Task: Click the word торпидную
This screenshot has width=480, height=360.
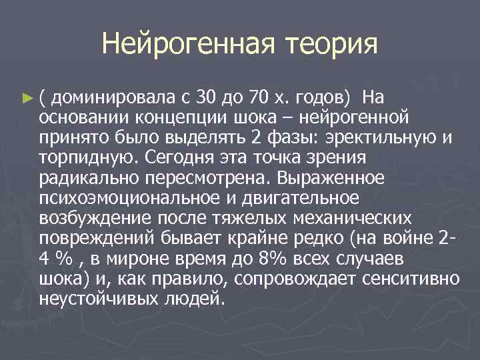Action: tap(83, 158)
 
